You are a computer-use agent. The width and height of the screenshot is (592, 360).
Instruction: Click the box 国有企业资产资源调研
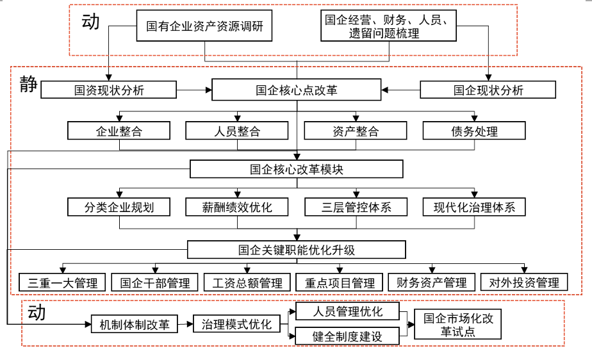(204, 26)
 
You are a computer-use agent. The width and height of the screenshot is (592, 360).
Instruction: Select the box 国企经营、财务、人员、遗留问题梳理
(388, 26)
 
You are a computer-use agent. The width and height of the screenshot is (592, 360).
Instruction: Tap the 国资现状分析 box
(109, 90)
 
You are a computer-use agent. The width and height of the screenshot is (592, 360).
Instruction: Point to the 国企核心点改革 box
(297, 90)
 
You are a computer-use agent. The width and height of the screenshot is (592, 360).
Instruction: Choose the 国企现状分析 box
(488, 90)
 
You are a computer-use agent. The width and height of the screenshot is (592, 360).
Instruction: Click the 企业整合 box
(119, 131)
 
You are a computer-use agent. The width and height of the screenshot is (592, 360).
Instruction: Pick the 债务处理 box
(474, 131)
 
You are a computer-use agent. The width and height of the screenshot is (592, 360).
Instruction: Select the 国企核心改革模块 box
(297, 169)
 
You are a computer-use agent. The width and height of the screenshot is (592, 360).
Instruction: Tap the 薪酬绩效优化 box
(237, 207)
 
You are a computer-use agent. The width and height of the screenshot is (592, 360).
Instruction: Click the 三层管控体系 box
(356, 207)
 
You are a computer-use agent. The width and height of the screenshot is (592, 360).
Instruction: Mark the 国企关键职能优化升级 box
(297, 250)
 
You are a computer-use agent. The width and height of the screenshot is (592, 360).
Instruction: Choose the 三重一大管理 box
(62, 282)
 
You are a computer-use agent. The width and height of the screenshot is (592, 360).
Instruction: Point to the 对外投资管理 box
(524, 282)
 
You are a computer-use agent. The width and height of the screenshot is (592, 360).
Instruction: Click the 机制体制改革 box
(135, 324)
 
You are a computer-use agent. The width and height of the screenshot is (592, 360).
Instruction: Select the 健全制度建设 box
(347, 336)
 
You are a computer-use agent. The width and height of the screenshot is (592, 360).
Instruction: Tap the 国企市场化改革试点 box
(458, 325)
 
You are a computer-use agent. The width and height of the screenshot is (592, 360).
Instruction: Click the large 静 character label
(29, 84)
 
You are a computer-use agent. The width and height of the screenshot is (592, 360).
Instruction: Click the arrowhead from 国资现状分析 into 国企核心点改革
(209, 90)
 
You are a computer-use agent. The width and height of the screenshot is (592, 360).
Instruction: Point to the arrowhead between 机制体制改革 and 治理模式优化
(190, 324)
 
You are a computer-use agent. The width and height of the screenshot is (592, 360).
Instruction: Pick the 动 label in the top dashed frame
(90, 21)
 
